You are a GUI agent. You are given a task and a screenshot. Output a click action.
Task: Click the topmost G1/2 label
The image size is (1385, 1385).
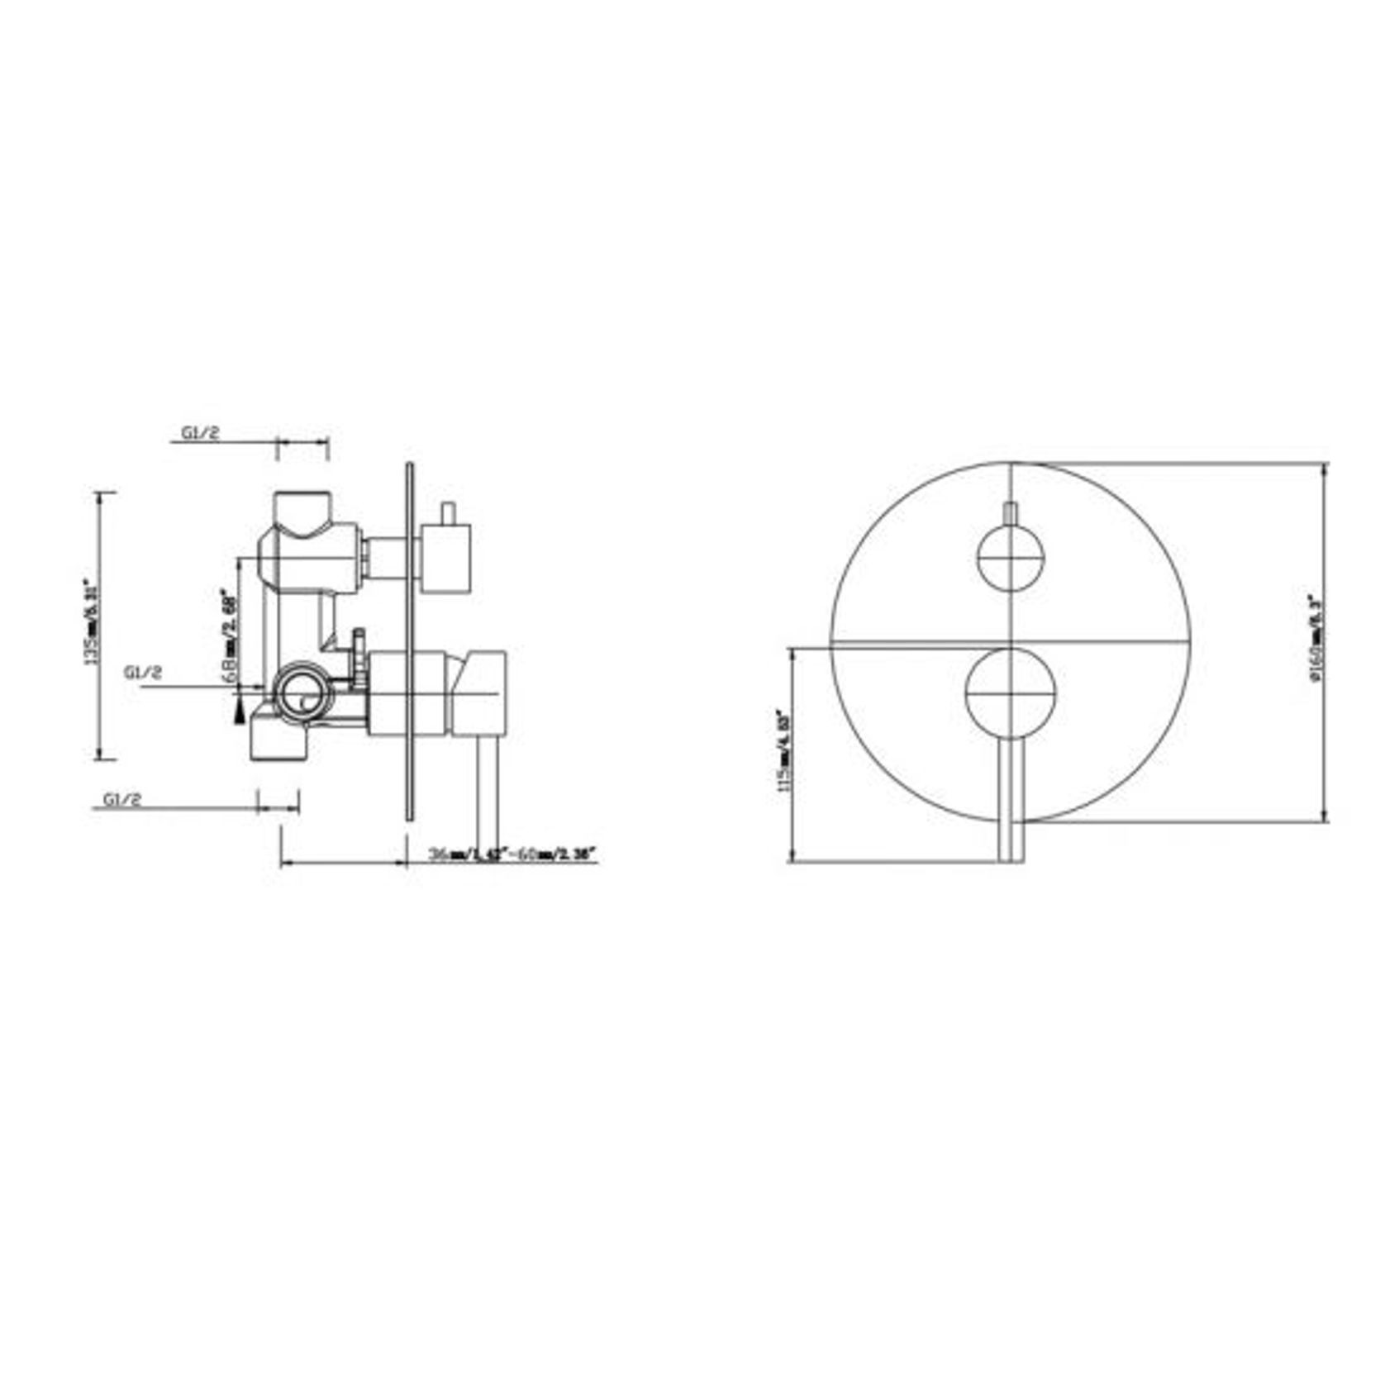coord(201,432)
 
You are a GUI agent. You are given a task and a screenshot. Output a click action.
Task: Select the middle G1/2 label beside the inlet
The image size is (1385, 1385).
coord(144,673)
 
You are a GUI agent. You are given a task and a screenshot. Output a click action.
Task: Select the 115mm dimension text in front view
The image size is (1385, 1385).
coord(783,750)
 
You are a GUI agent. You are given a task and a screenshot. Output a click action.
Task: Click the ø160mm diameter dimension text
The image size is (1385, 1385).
coord(1316,637)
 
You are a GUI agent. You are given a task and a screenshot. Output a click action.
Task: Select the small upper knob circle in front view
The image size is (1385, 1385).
coord(1011,558)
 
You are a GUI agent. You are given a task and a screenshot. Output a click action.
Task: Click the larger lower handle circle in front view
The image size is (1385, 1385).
coord(1011,692)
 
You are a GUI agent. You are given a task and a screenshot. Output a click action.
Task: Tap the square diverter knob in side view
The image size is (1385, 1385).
coord(446,558)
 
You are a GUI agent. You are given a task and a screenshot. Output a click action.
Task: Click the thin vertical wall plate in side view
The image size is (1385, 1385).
coord(408,640)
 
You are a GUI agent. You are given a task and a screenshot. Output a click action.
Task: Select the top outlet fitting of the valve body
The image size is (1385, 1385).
coord(303,512)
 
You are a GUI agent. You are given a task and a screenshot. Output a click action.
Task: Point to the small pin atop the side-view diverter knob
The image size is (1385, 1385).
coord(449,512)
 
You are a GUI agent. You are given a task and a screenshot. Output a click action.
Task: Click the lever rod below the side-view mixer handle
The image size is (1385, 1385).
coord(487,793)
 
